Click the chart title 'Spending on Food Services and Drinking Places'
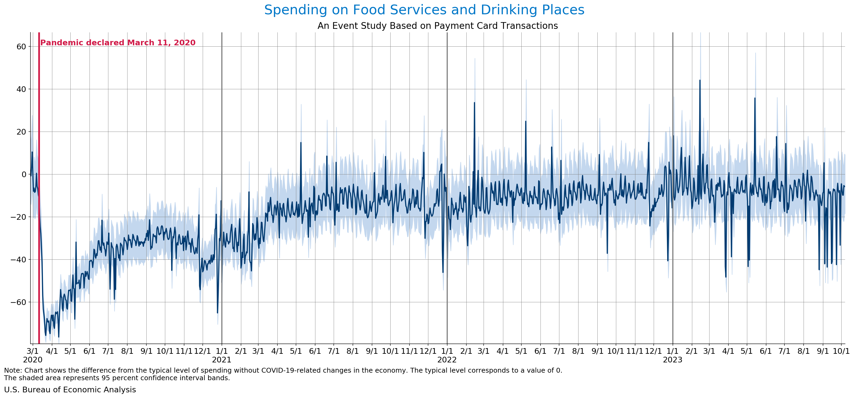pos(424,10)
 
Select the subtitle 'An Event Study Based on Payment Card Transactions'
pos(437,26)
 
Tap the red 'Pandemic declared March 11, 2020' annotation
pos(118,43)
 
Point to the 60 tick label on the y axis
pos(21,47)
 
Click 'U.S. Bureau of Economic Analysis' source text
pos(70,390)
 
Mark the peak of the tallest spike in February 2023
pos(700,80)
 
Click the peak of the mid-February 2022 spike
pos(474,102)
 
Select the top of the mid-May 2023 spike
pos(755,98)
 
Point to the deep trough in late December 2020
pos(218,313)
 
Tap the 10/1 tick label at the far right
pos(841,351)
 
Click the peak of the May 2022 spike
pos(525,121)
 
